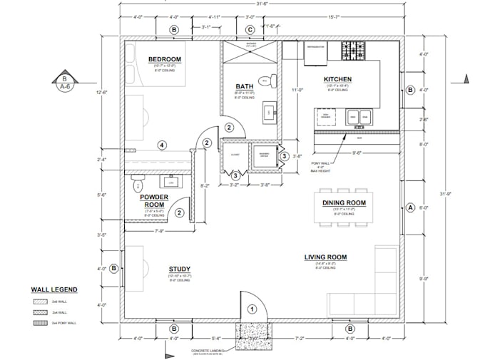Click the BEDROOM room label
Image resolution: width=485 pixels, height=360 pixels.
pyautogui.click(x=165, y=58)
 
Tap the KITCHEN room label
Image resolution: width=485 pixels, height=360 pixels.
pyautogui.click(x=337, y=79)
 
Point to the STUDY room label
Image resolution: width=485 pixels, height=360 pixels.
pyautogui.click(x=179, y=269)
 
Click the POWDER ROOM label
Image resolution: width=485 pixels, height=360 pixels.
pyautogui.click(x=153, y=200)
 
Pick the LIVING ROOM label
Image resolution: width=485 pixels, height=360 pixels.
pyautogui.click(x=325, y=257)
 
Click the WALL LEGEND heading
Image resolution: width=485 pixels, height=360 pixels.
pyautogui.click(x=54, y=290)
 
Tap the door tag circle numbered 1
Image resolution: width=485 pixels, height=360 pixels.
pyautogui.click(x=251, y=309)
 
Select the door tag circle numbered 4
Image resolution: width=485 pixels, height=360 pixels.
pyautogui.click(x=162, y=145)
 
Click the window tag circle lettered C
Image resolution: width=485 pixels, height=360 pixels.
pyautogui.click(x=250, y=30)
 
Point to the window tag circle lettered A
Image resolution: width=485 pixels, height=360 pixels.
pyautogui.click(x=410, y=208)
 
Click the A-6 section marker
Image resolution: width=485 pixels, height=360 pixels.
pyautogui.click(x=65, y=83)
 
